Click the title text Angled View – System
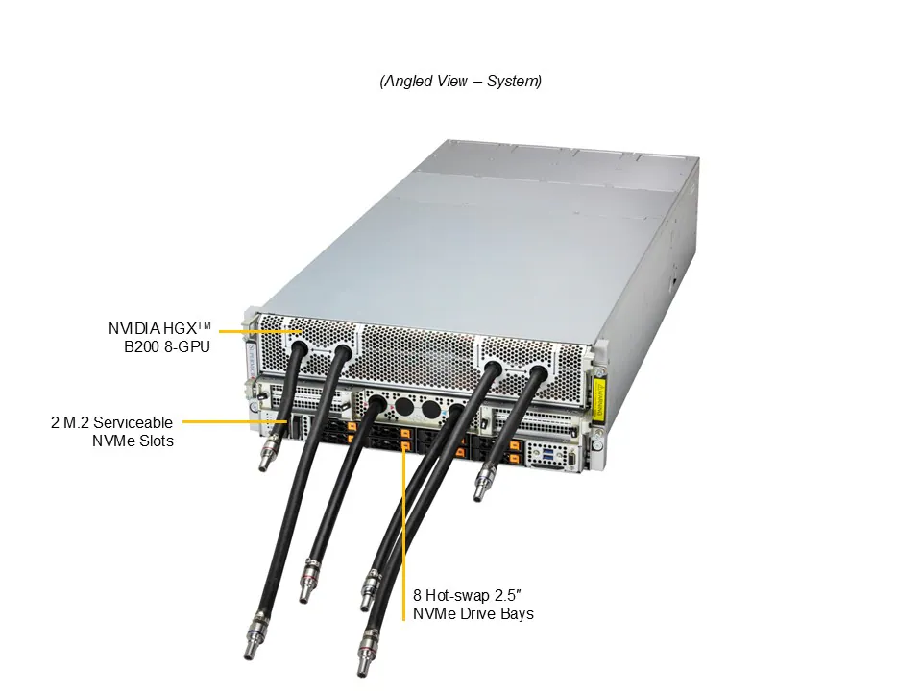(460, 82)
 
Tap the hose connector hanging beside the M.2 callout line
(266, 453)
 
